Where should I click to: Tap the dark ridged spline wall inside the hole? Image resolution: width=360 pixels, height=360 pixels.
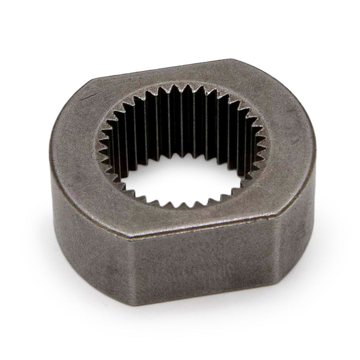[x=180, y=121]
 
